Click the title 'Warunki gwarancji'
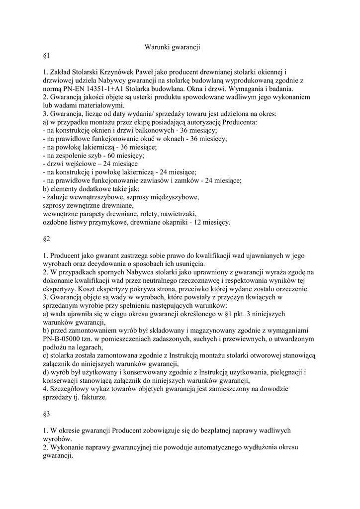[172, 47]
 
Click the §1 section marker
[47, 59]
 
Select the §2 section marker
[47, 239]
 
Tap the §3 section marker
[47, 413]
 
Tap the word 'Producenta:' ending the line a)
[239, 122]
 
